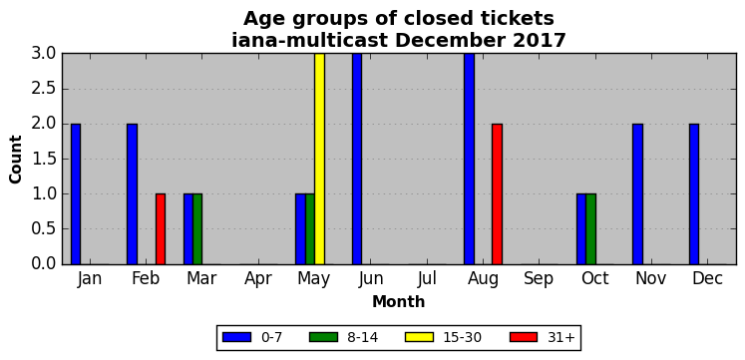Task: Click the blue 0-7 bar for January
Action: point(76,193)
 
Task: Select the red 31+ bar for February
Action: point(161,229)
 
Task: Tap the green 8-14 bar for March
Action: point(197,229)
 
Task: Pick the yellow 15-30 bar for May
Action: point(319,159)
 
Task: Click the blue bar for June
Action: point(357,159)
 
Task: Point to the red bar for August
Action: point(497,193)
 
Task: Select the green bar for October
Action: point(590,229)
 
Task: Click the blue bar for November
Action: point(637,193)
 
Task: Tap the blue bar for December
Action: point(694,193)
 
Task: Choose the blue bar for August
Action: point(469,159)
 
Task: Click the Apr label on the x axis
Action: point(258,279)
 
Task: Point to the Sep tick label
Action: point(540,279)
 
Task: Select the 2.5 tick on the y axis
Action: point(44,89)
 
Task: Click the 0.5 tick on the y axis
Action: point(44,229)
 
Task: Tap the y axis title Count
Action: point(16,160)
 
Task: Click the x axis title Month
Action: point(399,301)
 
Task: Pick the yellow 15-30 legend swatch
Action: point(419,337)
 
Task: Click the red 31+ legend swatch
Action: point(524,337)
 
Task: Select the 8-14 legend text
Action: point(362,338)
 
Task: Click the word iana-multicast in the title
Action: point(311,40)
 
